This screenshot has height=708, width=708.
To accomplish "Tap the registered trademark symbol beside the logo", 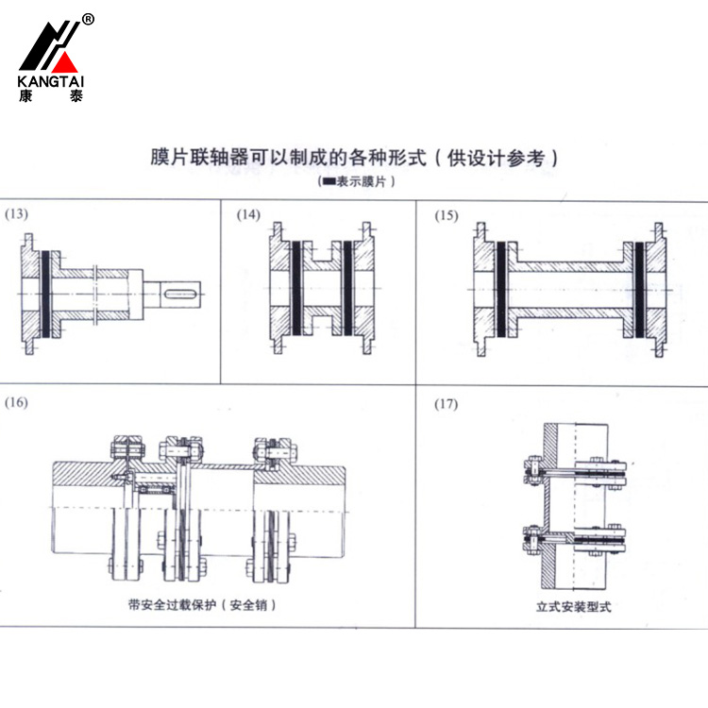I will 88,20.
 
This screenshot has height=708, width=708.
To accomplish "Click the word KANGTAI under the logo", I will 51,82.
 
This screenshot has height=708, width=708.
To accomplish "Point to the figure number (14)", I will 248,214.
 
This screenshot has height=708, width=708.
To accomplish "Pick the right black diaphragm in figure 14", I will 346,288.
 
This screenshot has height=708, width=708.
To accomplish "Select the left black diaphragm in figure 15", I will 500,288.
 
